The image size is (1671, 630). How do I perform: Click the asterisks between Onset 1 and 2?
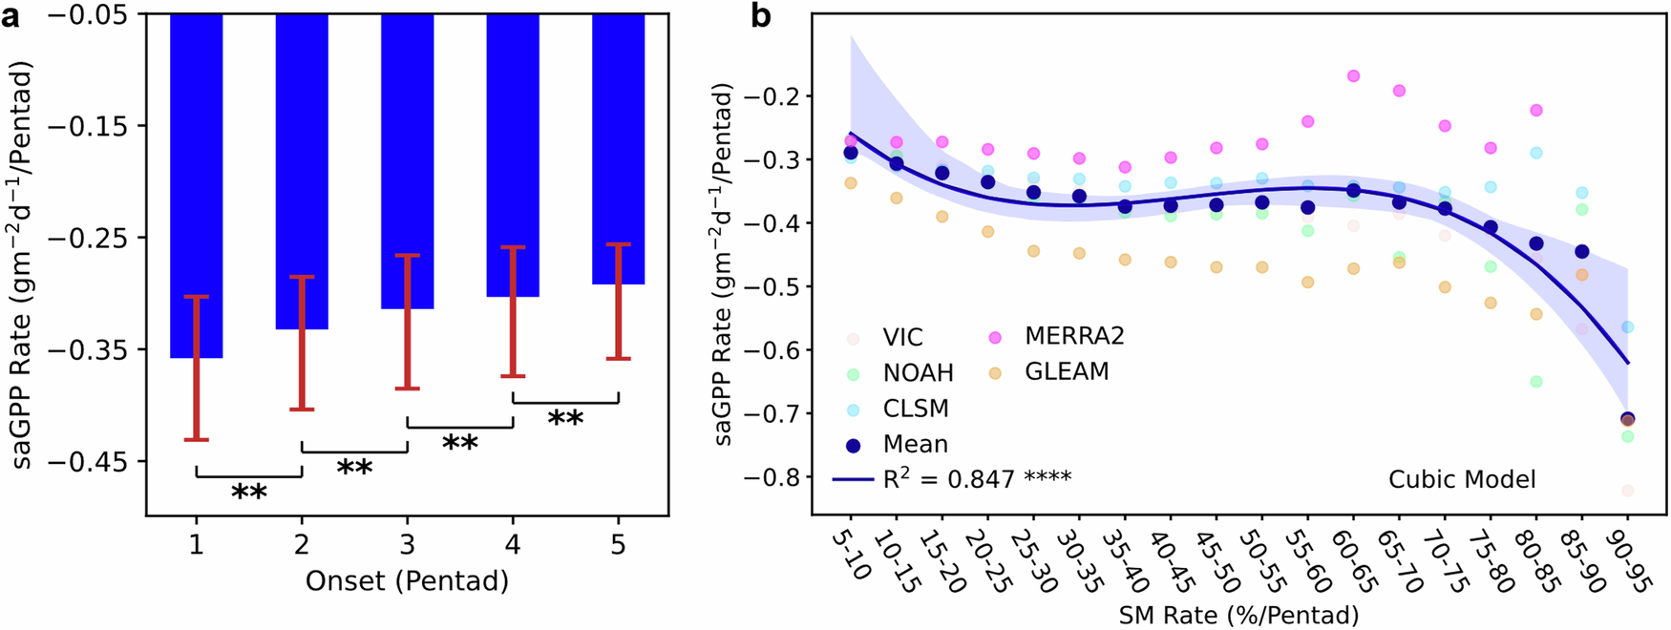point(249,493)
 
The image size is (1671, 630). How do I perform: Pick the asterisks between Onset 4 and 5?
point(565,418)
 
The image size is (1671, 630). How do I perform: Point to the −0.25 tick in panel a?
point(103,238)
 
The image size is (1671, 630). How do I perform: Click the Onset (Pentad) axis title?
point(407,580)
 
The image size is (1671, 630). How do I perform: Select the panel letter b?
point(761,16)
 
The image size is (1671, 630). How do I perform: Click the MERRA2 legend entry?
point(1074,336)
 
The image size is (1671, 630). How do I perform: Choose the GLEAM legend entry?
point(1067,372)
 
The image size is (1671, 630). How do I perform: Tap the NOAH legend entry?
point(918,373)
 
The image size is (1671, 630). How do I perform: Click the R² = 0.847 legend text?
point(976,479)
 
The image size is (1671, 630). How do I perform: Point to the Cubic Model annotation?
point(1462,479)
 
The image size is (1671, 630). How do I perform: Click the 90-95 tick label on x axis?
point(1633,564)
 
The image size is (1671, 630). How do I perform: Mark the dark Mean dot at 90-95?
point(1627,419)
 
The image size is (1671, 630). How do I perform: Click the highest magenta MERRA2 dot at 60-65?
point(1353,76)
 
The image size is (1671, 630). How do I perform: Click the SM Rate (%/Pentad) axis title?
point(1237,616)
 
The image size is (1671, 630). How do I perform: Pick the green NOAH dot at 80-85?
point(1536,382)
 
